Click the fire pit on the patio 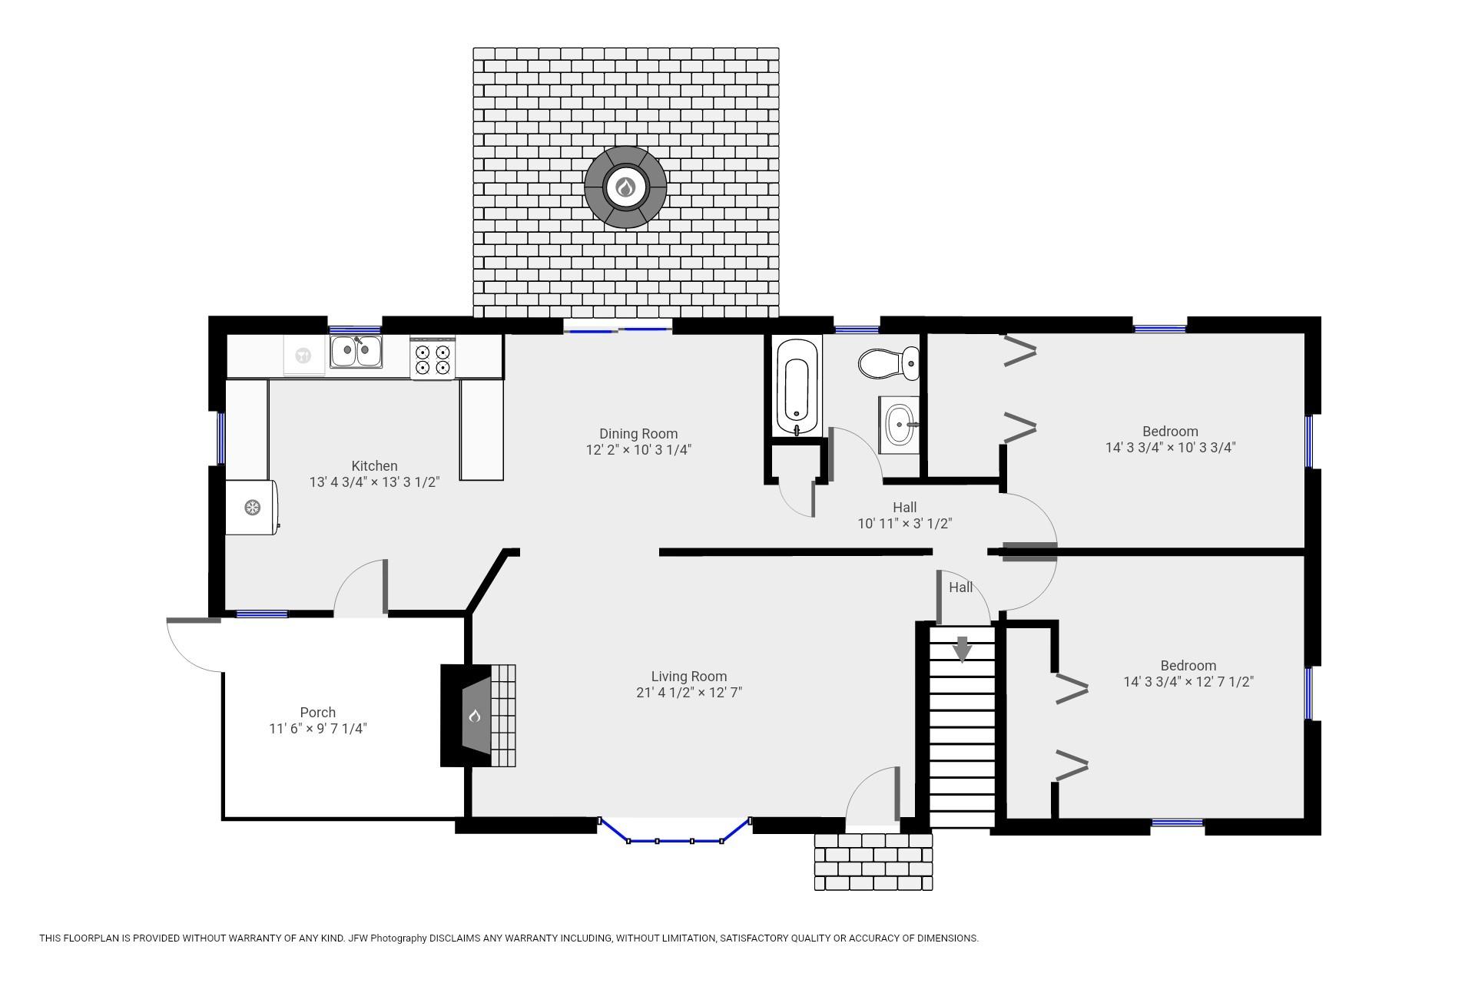(x=625, y=187)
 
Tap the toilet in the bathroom (x=888, y=363)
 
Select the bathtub (x=798, y=387)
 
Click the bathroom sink (x=900, y=425)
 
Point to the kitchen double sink (x=356, y=352)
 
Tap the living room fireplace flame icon (x=475, y=717)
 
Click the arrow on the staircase (x=962, y=649)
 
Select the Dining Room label (x=638, y=434)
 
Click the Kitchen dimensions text (x=374, y=482)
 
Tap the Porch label (x=318, y=713)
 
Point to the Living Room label (x=689, y=677)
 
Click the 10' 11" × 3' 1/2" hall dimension (x=905, y=524)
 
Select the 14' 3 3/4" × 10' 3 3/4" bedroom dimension (x=1171, y=448)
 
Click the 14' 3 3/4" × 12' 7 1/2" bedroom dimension (x=1188, y=682)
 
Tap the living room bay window (x=675, y=832)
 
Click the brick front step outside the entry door (x=873, y=862)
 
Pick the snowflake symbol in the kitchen (x=252, y=507)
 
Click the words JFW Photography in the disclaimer (x=387, y=938)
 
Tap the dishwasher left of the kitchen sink (x=304, y=355)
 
